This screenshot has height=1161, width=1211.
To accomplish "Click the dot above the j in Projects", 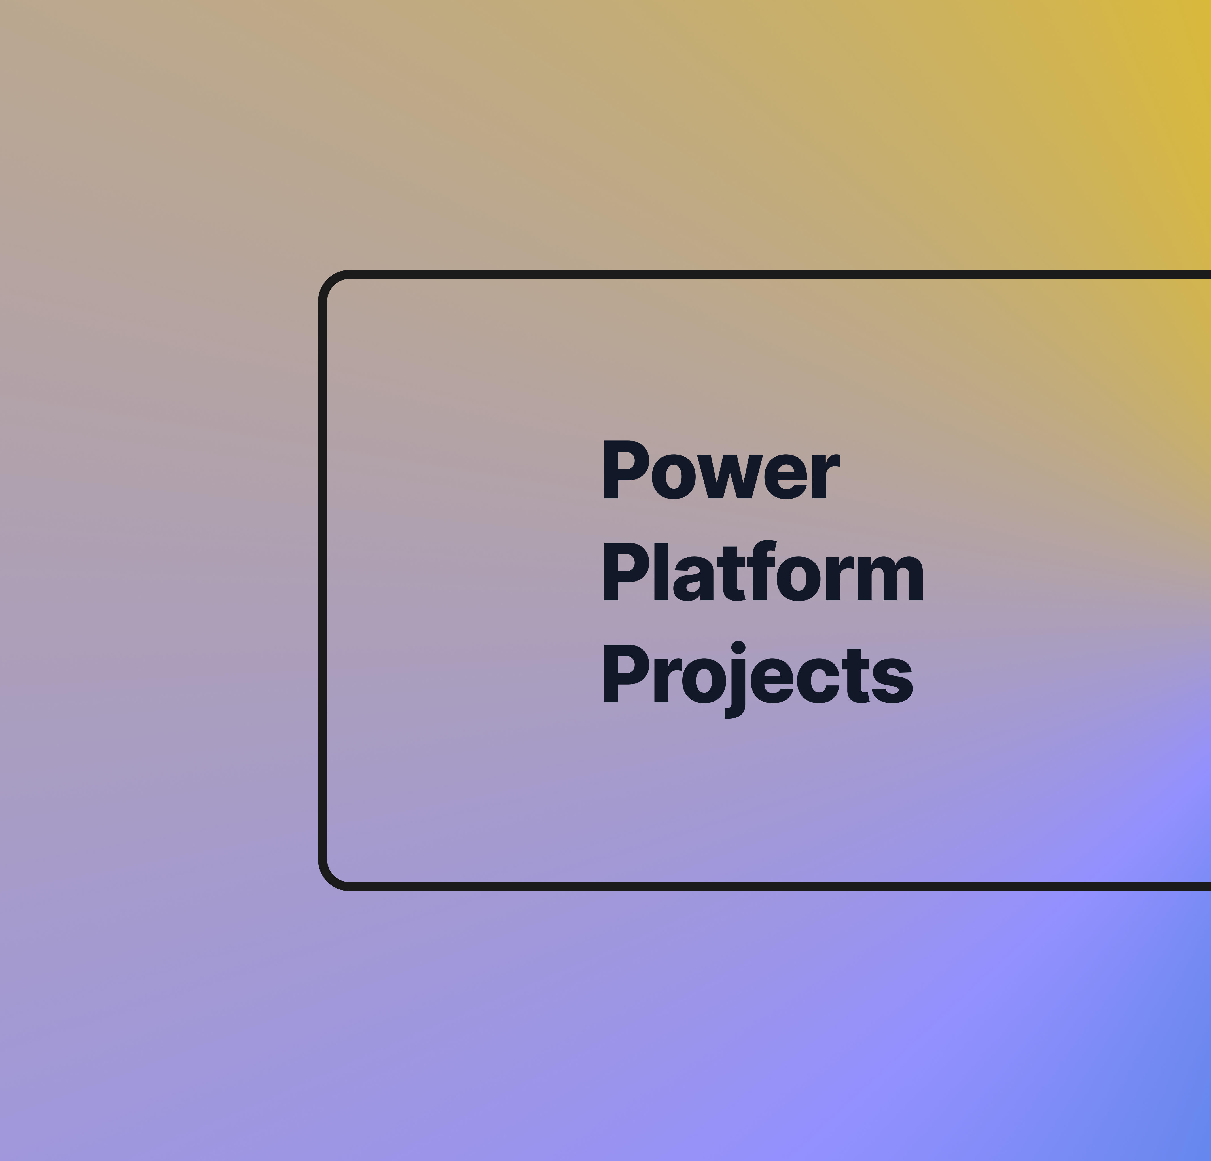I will [x=738, y=647].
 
